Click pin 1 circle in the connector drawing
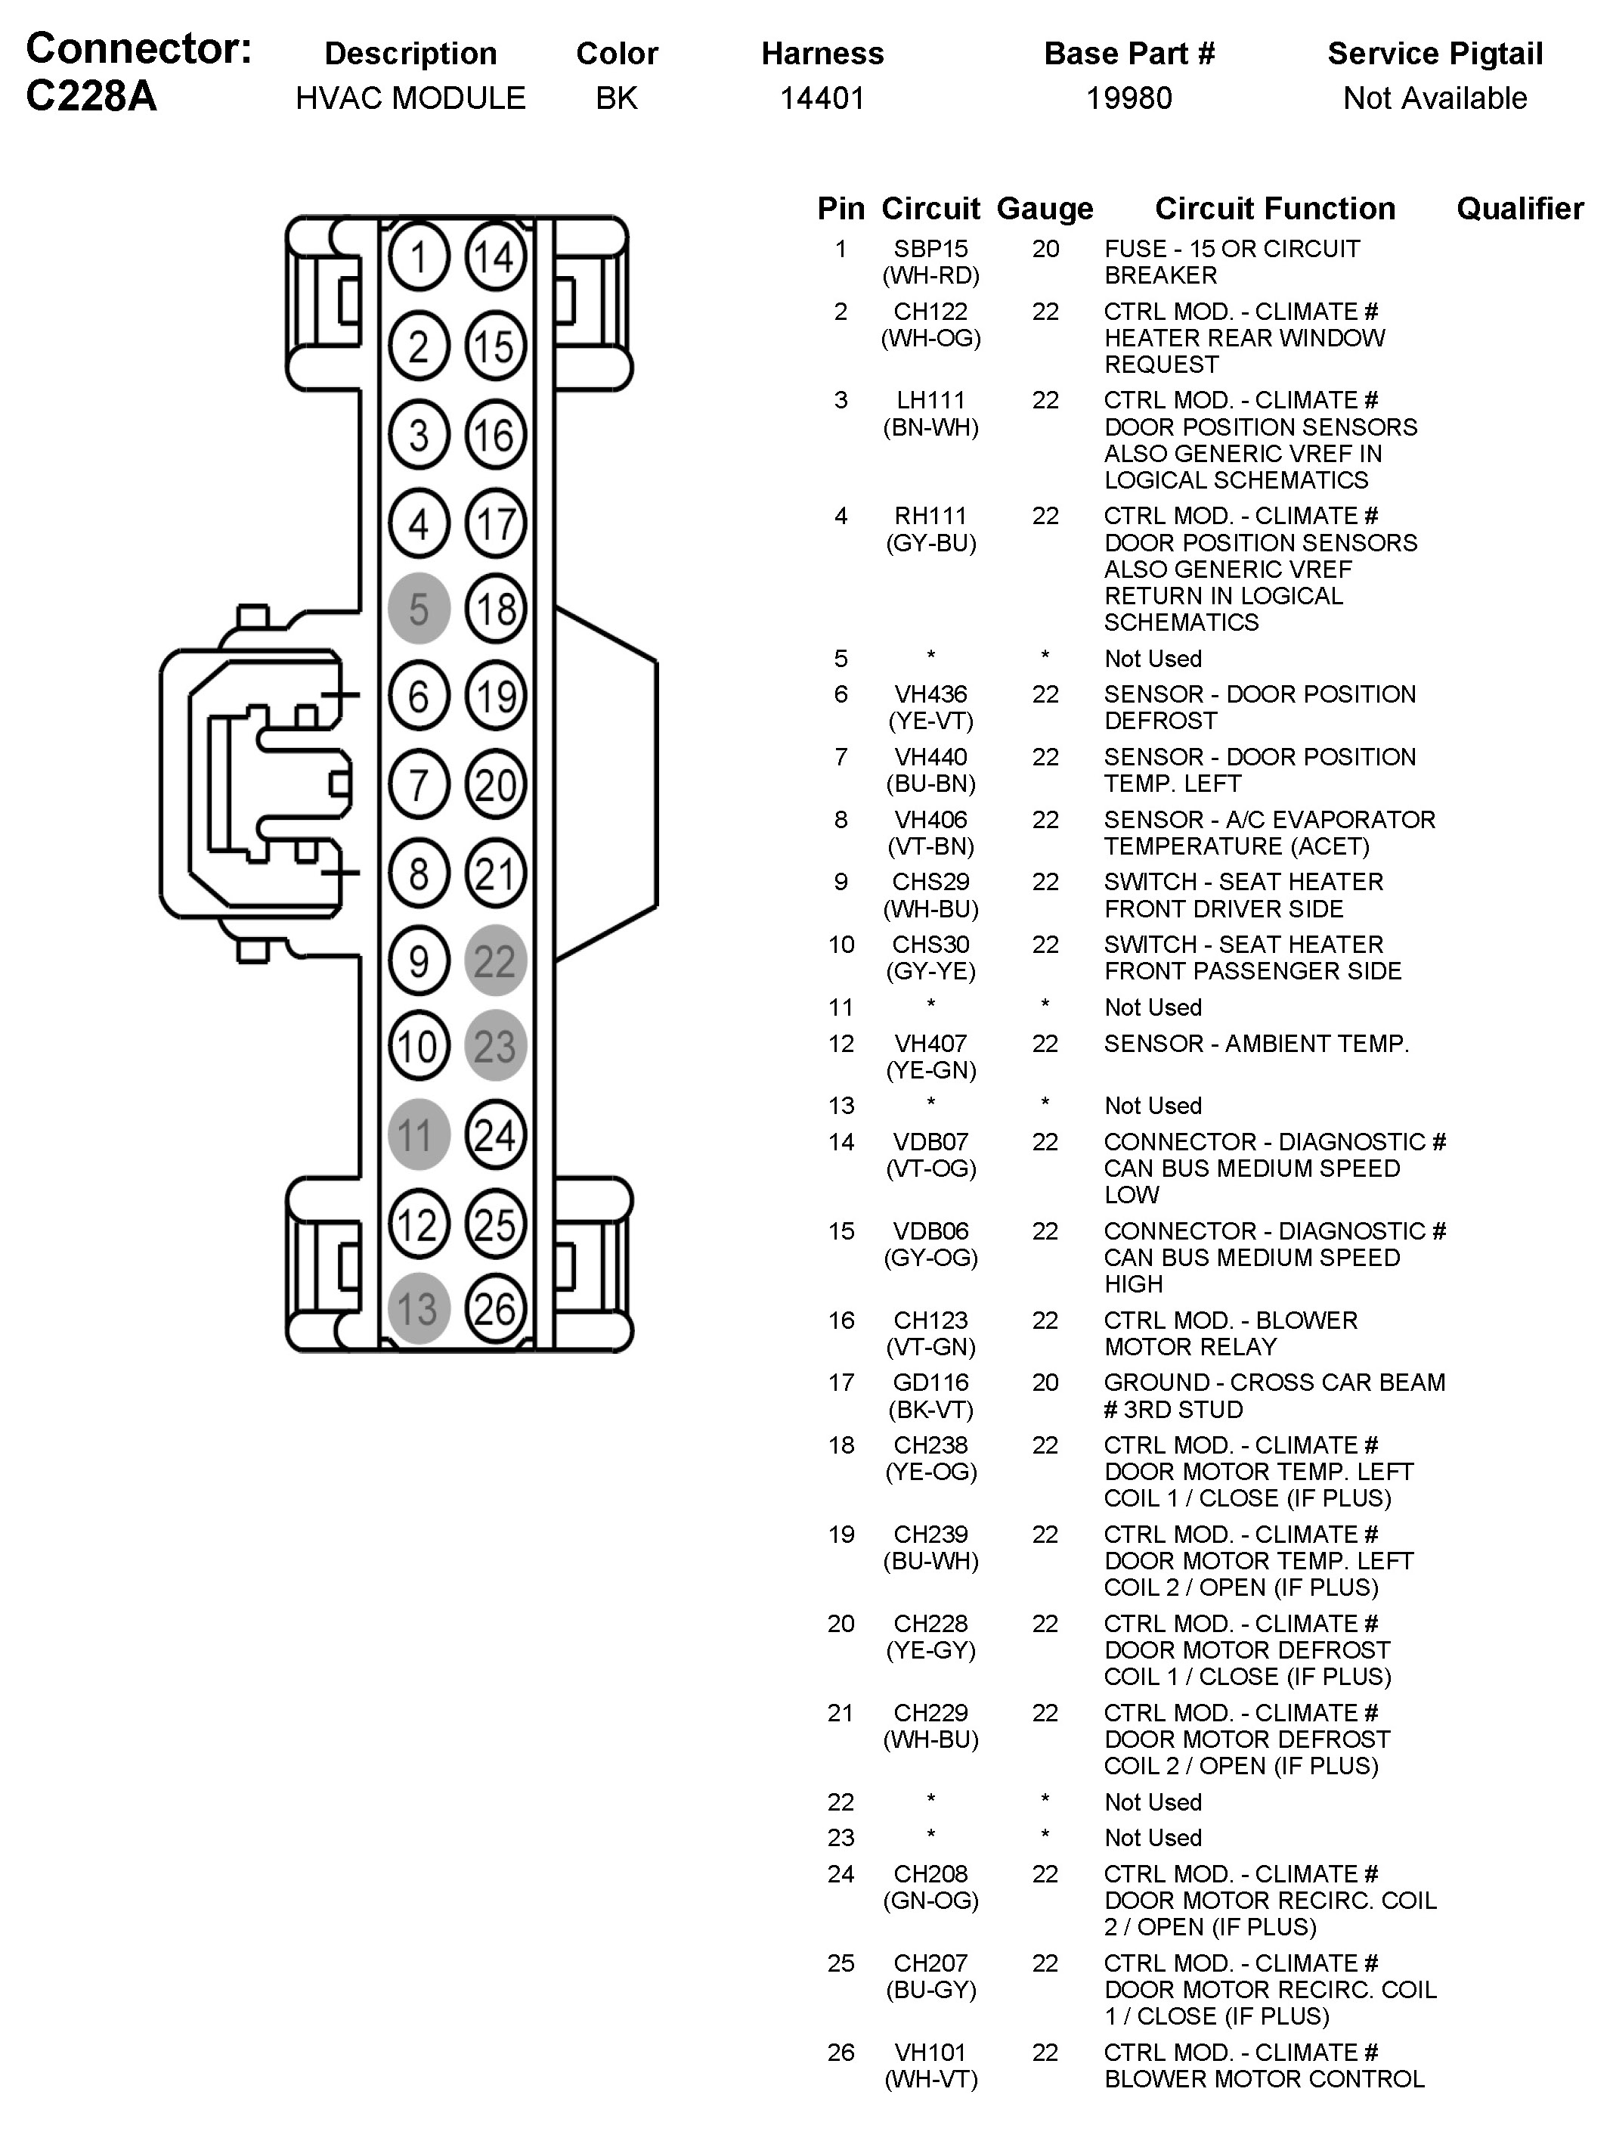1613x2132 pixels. coord(418,257)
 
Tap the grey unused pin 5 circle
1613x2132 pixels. coord(418,608)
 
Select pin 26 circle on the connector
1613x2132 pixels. coord(495,1309)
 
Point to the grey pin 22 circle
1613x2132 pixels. coord(495,961)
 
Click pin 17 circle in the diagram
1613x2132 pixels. coord(495,524)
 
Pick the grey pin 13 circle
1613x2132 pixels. coord(418,1309)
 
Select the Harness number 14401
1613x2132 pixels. coord(822,98)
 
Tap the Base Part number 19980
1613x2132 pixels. coord(1129,98)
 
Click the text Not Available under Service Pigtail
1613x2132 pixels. coord(1435,98)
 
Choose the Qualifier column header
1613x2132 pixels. coord(1519,208)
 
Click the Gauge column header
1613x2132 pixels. coord(1045,208)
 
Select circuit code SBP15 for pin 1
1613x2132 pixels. coord(930,249)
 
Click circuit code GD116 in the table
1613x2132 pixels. coord(930,1383)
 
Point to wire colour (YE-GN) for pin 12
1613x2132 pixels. coord(930,1070)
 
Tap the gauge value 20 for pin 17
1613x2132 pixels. coord(1045,1383)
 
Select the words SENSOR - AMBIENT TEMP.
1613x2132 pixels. coord(1256,1043)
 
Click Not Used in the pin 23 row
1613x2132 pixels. coord(1153,1837)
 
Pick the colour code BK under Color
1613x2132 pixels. coord(617,98)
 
